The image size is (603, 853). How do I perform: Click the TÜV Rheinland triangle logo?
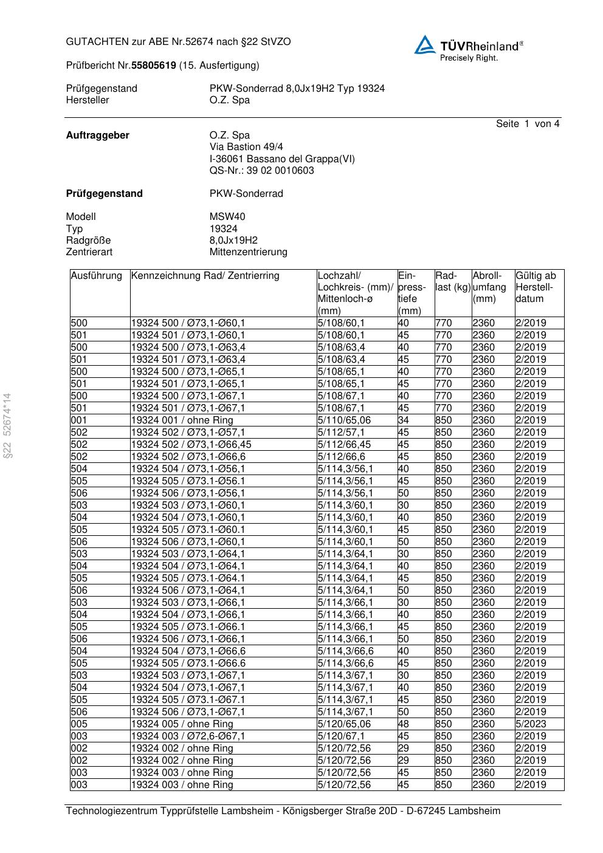(x=425, y=45)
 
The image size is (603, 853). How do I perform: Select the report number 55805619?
(x=154, y=65)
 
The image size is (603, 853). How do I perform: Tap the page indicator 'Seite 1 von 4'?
(x=527, y=124)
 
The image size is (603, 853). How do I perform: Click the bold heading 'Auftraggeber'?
(x=97, y=135)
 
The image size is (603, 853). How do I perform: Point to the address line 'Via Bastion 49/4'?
(x=246, y=147)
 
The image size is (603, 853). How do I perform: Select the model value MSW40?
(x=227, y=217)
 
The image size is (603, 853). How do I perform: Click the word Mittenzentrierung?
(x=248, y=252)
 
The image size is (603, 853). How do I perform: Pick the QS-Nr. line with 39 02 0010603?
(x=261, y=171)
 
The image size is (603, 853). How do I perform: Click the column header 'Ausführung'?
(x=96, y=276)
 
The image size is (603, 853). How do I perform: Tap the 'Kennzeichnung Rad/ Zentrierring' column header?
(x=205, y=276)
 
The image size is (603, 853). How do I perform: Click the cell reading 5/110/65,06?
(x=344, y=420)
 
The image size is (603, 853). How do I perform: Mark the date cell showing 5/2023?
(x=531, y=724)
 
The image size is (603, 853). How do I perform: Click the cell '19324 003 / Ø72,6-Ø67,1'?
(x=188, y=736)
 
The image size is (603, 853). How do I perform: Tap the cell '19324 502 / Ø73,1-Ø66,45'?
(x=191, y=445)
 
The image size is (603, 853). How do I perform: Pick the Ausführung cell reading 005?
(x=79, y=724)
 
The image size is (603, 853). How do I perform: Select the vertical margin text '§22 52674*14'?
(x=7, y=426)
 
